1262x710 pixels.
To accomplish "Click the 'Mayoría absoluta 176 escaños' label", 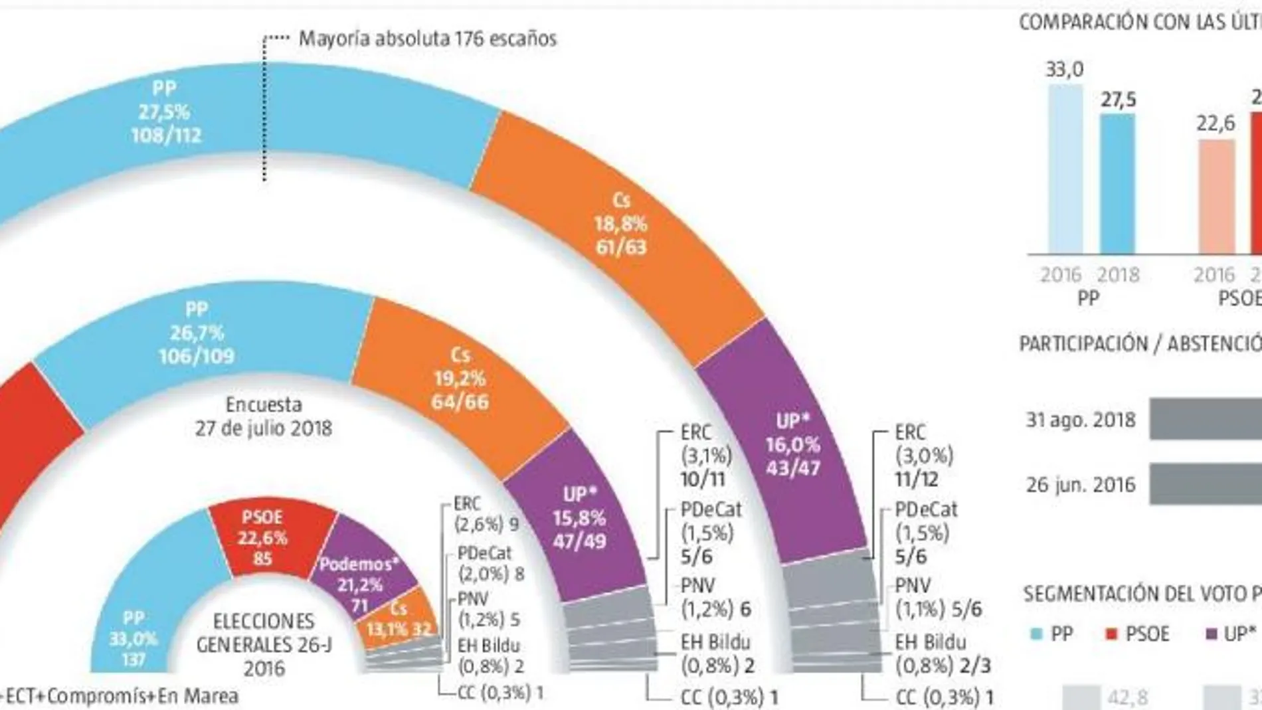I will point(427,39).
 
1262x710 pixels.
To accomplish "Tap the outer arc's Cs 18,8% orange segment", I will point(620,224).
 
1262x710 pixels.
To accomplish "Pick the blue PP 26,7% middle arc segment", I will point(197,333).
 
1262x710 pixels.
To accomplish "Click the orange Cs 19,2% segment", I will point(460,379).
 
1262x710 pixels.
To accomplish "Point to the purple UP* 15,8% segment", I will point(579,518).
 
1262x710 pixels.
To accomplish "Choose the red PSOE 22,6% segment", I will point(263,537).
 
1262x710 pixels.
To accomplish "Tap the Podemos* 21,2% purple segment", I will point(359,584).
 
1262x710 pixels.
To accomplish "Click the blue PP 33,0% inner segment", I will point(134,638).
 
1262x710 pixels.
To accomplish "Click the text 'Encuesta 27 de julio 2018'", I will point(264,416).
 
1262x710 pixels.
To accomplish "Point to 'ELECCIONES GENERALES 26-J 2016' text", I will point(264,644).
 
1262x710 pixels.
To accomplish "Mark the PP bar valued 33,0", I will point(1065,169).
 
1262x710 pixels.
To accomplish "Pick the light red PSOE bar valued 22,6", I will point(1216,197).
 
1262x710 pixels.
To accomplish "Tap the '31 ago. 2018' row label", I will point(1081,420).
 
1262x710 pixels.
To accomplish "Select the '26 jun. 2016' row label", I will point(1081,485).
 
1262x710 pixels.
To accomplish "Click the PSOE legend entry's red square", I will point(1111,634).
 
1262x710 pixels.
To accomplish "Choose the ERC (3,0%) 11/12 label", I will point(924,456).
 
